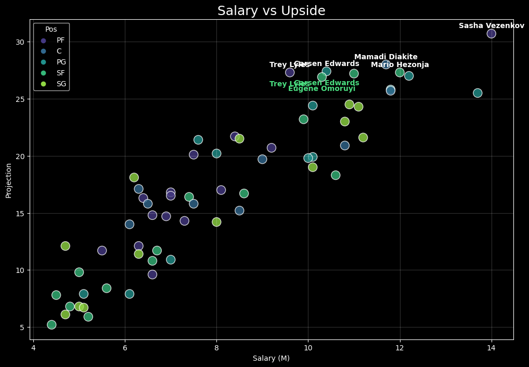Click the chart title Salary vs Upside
tap(271, 11)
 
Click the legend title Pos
tap(51, 30)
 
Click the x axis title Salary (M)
tap(271, 358)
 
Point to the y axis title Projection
tap(8, 180)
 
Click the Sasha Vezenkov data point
tap(491, 34)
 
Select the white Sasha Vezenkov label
tap(491, 26)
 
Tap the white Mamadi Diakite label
tap(385, 57)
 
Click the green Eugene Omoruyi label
tap(321, 89)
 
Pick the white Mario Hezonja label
tap(399, 65)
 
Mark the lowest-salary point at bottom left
tap(51, 325)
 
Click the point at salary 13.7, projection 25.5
tap(478, 93)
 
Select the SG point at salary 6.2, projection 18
tap(134, 178)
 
